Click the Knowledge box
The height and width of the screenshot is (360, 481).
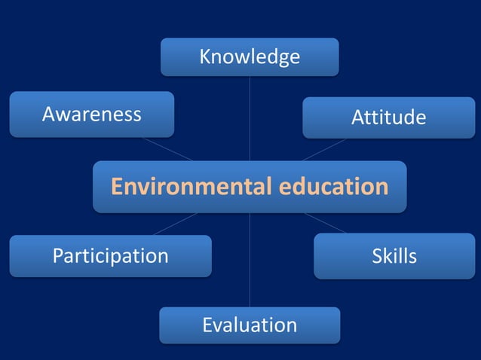pyautogui.click(x=250, y=57)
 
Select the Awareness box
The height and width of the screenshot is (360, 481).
pyautogui.click(x=91, y=114)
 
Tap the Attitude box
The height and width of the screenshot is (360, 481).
pyautogui.click(x=388, y=117)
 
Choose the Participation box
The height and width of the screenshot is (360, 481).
pyautogui.click(x=110, y=256)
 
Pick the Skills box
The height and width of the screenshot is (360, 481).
pyautogui.click(x=394, y=256)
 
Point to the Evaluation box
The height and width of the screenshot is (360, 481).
pyautogui.click(x=250, y=325)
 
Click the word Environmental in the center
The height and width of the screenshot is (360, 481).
pyautogui.click(x=187, y=186)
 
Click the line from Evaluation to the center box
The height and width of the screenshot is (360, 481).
pyautogui.click(x=250, y=260)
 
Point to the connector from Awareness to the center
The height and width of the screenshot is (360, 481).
pyautogui.click(x=167, y=149)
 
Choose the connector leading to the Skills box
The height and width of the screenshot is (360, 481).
pyautogui.click(x=326, y=224)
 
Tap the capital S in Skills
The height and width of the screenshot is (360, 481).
pyautogui.click(x=377, y=256)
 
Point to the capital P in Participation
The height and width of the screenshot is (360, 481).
pyautogui.click(x=57, y=256)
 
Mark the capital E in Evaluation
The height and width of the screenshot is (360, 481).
pyautogui.click(x=208, y=325)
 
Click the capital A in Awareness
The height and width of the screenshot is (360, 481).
pyautogui.click(x=48, y=114)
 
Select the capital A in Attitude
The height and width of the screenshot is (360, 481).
pyautogui.click(x=357, y=117)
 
